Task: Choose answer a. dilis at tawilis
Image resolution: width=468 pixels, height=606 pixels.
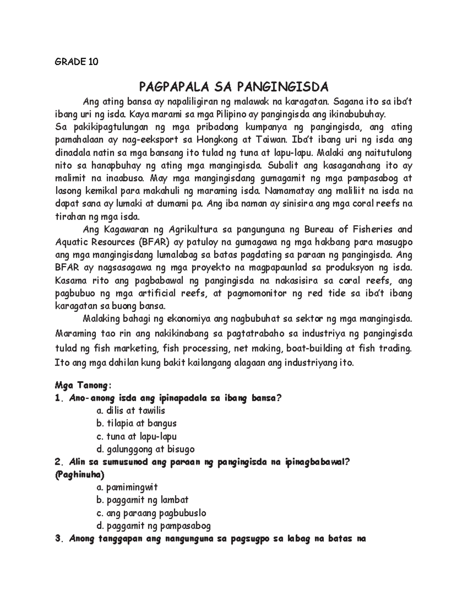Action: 130,411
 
